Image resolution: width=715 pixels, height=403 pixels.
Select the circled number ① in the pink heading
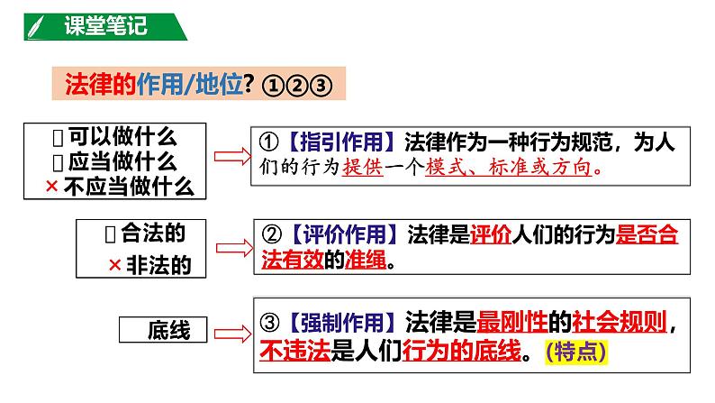coord(273,84)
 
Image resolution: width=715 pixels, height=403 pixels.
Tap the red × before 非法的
coord(114,266)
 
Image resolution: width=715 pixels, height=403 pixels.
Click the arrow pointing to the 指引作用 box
coord(229,157)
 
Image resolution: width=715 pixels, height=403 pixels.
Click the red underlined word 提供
coord(363,169)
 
